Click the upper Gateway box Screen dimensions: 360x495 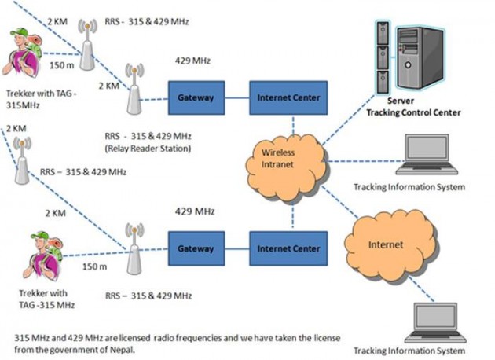pos(195,97)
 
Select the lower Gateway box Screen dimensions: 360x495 pos(195,248)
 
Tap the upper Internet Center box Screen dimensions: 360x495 pos(288,97)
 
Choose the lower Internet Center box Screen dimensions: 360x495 pos(288,248)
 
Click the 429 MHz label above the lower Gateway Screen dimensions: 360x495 pos(194,211)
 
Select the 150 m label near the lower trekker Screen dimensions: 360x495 pos(97,267)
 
